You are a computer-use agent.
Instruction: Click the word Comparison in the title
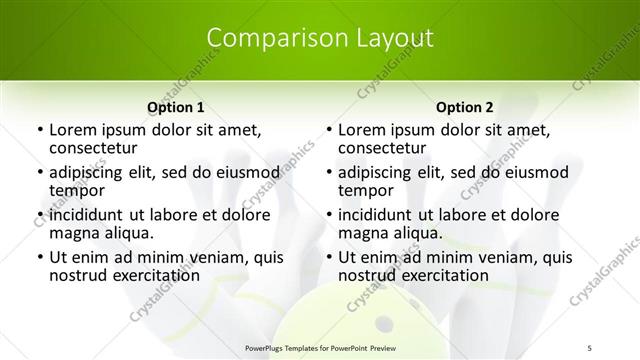pyautogui.click(x=269, y=39)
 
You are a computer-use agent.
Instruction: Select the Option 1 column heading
pyautogui.click(x=176, y=107)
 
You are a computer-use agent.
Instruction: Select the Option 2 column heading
pyautogui.click(x=465, y=107)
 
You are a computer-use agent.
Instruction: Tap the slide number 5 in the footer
pyautogui.click(x=589, y=347)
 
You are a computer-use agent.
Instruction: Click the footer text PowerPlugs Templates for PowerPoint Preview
pyautogui.click(x=320, y=347)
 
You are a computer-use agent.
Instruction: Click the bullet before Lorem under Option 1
pyautogui.click(x=38, y=130)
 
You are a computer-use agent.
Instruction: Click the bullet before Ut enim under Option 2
pyautogui.click(x=327, y=257)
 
